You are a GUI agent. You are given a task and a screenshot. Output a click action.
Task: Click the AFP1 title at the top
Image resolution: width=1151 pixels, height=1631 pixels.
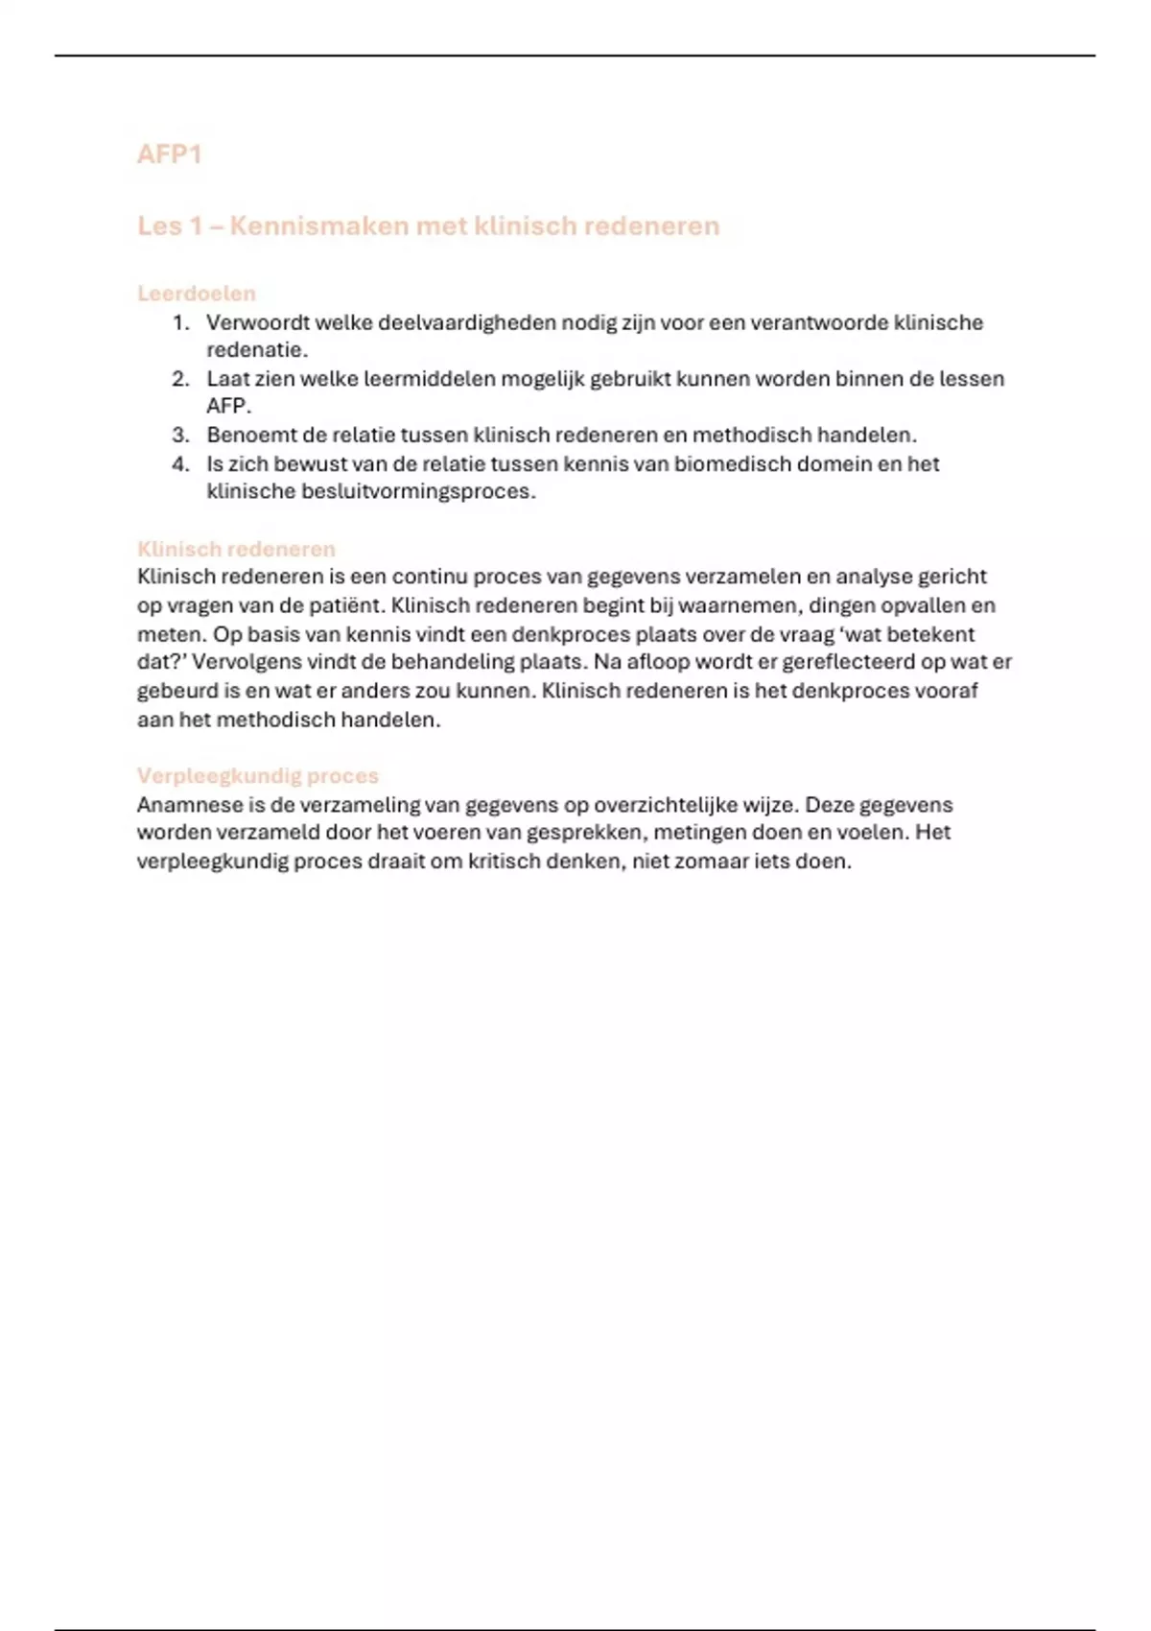coord(169,154)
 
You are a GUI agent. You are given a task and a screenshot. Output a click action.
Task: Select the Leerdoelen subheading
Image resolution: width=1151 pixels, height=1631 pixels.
coord(197,294)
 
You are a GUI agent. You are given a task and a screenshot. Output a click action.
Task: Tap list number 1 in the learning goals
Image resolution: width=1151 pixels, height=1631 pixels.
coord(181,322)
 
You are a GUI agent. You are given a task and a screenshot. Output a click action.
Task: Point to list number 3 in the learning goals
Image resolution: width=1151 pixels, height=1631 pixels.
coord(181,435)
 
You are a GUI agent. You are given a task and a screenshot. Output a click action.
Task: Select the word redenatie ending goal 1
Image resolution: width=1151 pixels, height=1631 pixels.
coord(256,350)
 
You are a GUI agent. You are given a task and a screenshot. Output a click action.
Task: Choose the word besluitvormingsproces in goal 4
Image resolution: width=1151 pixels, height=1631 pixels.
coord(417,491)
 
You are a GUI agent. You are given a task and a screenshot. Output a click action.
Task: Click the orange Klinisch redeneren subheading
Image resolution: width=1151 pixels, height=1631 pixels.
coord(236,549)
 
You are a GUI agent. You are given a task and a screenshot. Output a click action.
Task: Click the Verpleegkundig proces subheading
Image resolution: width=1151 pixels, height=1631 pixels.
coord(257,775)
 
